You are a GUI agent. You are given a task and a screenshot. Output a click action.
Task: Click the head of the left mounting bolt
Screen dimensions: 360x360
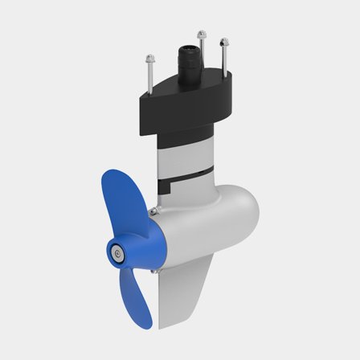pyautogui.click(x=149, y=56)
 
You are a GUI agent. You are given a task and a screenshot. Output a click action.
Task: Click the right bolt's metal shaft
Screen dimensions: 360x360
pyautogui.click(x=221, y=64)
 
